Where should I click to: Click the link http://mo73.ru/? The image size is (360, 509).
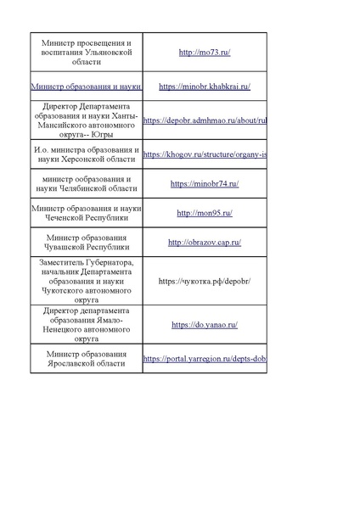[205, 53]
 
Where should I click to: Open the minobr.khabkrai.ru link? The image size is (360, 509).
[205, 87]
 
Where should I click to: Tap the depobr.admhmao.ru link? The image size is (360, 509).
[205, 120]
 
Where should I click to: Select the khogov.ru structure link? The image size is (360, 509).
[205, 155]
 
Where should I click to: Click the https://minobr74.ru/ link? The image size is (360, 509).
[205, 183]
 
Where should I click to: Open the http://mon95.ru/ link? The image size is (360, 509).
[205, 213]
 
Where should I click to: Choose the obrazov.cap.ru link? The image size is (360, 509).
[205, 243]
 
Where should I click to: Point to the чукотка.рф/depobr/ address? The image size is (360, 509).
[205, 280]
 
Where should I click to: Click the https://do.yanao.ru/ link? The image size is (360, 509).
[205, 324]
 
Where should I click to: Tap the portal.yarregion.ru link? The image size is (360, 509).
[205, 359]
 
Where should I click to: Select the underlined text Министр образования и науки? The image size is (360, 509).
[85, 87]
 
